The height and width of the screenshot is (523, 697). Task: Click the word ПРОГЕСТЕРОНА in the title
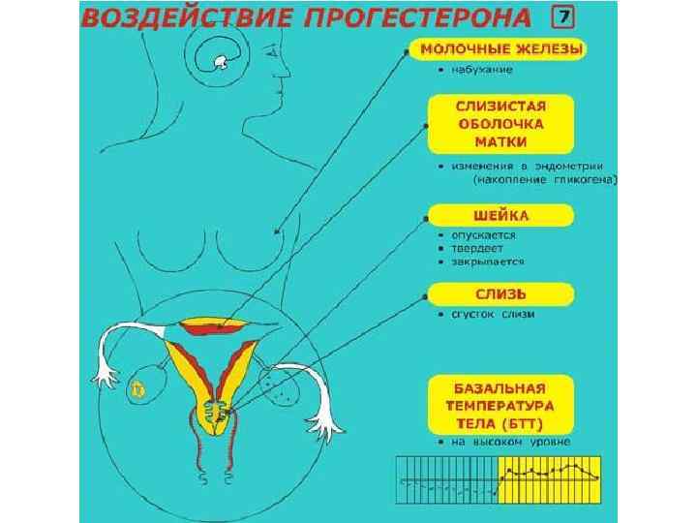[420, 18]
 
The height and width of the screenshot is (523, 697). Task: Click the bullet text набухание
[479, 70]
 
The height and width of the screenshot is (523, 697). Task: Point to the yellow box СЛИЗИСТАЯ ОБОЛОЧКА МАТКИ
[500, 123]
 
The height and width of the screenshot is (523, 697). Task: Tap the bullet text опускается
[483, 234]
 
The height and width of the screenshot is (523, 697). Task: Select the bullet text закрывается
[487, 261]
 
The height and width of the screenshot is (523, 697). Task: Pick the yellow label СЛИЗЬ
[500, 292]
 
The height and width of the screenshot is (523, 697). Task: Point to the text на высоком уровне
[509, 442]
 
